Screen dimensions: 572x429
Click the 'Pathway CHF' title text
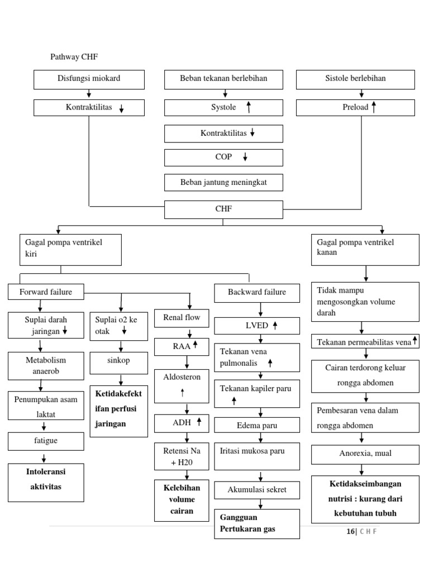click(74, 56)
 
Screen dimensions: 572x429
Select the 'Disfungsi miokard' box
click(89, 79)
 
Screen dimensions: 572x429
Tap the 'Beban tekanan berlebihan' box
click(223, 79)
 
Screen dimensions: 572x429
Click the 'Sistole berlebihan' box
click(355, 79)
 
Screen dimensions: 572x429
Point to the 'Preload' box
click(355, 107)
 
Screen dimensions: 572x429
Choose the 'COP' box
click(223, 158)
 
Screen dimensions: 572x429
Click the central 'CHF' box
click(223, 209)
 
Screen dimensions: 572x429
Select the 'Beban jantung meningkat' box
click(223, 183)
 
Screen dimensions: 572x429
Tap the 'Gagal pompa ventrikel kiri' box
click(70, 250)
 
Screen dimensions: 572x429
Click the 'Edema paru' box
click(257, 426)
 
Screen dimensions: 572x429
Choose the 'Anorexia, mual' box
click(365, 454)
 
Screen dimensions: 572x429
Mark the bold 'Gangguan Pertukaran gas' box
click(257, 523)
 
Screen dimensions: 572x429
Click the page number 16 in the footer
click(350, 531)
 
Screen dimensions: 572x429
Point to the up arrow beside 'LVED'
click(275, 325)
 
